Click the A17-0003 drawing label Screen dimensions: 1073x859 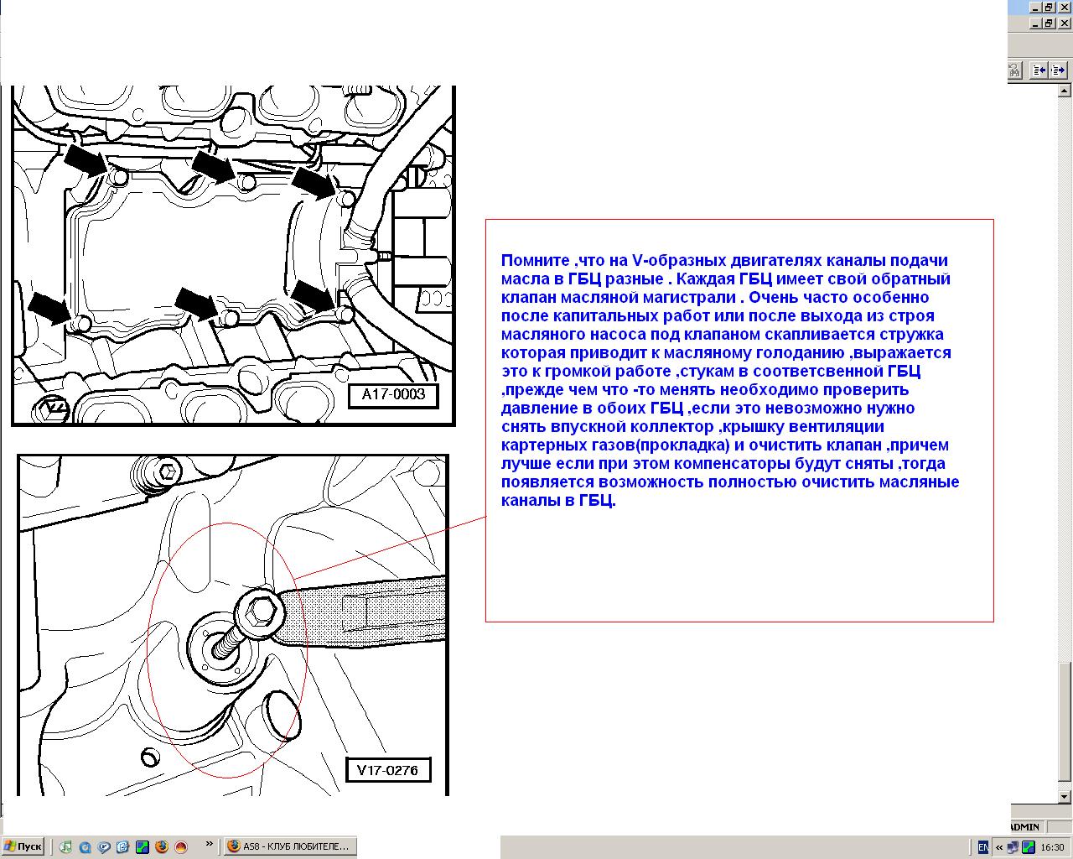[393, 396]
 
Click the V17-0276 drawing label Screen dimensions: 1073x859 [387, 770]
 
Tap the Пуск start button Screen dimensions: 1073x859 [23, 846]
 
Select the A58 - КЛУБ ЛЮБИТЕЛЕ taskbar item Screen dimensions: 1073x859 [290, 846]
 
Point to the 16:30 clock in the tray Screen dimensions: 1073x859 [1052, 847]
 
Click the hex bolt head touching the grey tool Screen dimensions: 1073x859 [259, 612]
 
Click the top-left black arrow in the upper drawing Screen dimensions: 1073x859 [86, 160]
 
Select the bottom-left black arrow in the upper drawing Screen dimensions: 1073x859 [50, 308]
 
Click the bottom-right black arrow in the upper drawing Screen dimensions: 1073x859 [314, 296]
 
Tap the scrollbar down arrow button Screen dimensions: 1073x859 [1065, 797]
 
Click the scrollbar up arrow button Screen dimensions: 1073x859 [1065, 91]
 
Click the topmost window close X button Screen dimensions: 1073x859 [1064, 7]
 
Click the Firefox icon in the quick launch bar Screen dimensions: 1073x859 [162, 847]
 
